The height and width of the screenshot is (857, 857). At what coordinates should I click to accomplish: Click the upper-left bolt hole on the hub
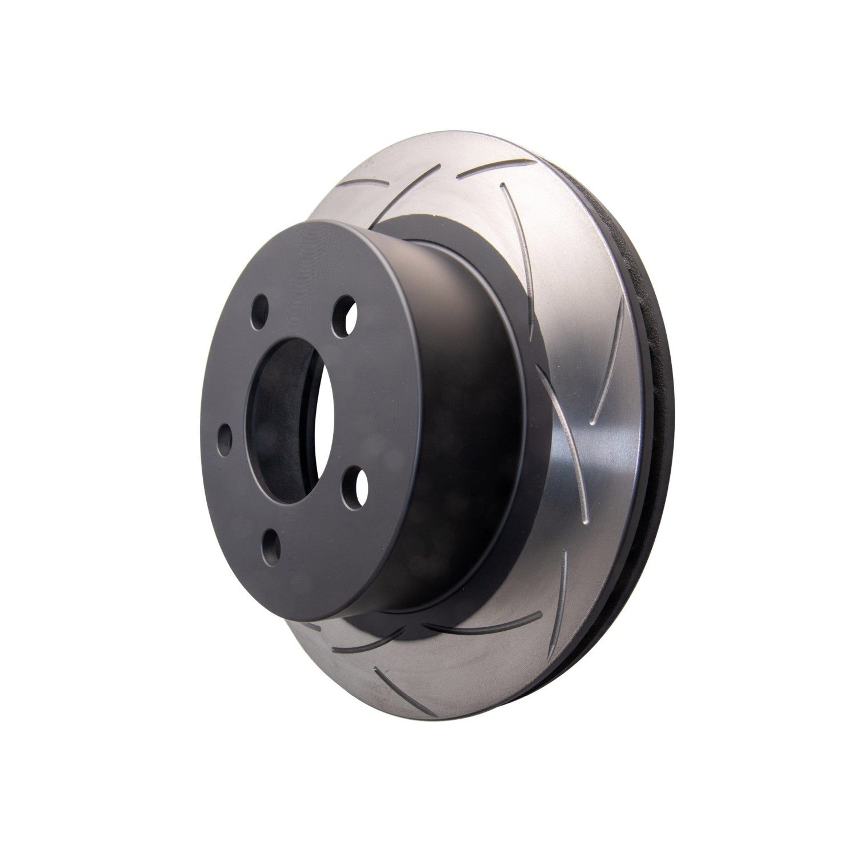pos(261,309)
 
